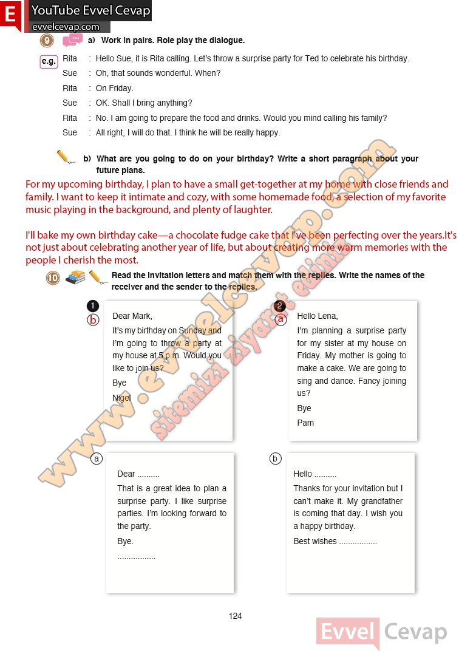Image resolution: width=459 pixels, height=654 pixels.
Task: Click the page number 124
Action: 235,616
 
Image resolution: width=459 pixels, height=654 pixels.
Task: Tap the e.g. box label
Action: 49,61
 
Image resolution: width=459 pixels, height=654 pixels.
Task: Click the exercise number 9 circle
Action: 48,41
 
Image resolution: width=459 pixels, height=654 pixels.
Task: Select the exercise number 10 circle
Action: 53,278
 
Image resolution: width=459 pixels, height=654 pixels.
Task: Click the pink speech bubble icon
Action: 72,40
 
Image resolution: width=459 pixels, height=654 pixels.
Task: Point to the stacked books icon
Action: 75,277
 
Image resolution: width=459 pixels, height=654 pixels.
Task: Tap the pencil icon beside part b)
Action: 66,157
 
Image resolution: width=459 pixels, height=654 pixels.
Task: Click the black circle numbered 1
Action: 93,305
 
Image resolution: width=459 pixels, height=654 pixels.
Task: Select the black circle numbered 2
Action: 280,305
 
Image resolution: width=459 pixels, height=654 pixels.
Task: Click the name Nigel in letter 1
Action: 121,398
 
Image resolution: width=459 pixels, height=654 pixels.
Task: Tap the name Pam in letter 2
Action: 305,423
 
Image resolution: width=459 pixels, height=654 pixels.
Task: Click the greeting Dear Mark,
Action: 132,316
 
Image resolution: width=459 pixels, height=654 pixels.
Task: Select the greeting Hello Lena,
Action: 317,316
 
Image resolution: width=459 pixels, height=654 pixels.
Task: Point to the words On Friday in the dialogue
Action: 114,88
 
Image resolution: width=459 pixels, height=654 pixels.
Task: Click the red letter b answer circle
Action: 93,319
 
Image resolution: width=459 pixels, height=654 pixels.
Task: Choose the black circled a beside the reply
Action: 96,458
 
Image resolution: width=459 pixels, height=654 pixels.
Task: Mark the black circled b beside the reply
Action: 276,458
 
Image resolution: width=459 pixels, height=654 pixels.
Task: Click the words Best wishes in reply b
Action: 314,541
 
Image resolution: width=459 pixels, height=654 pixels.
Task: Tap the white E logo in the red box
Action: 10,15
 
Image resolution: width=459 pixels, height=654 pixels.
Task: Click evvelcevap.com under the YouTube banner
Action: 66,27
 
